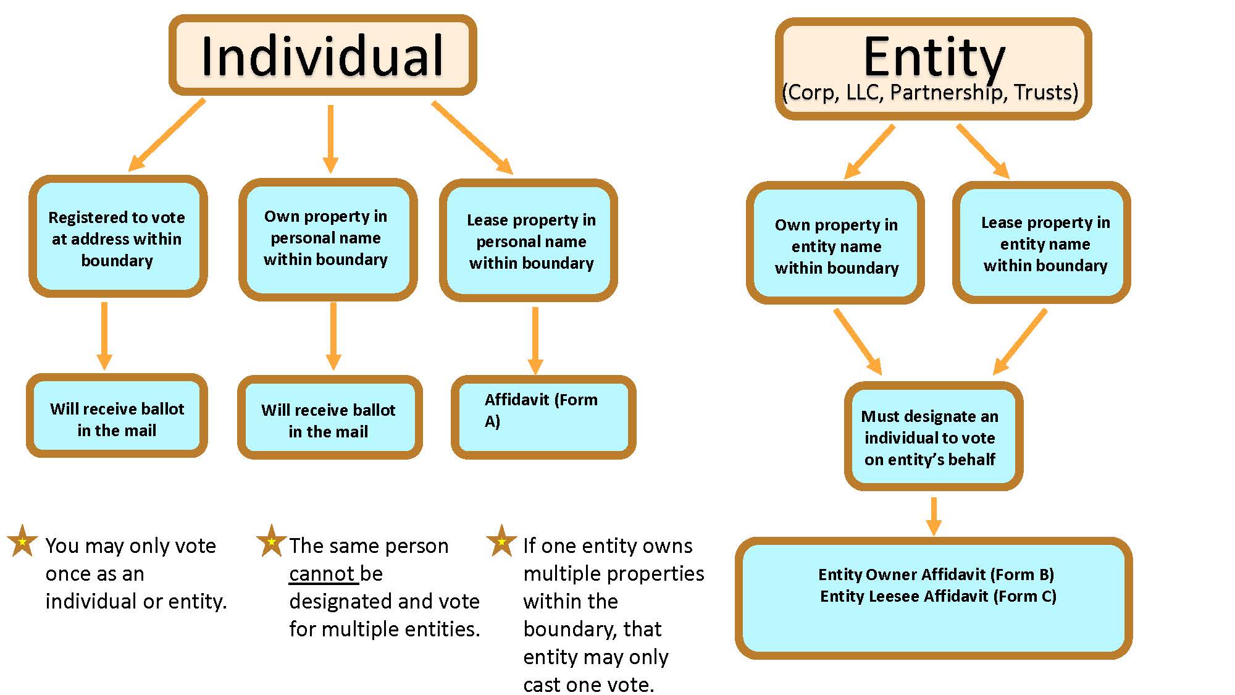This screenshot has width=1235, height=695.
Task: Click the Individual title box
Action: tap(322, 56)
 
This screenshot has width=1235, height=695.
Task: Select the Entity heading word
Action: tap(934, 57)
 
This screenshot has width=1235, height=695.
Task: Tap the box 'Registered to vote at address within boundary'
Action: tap(117, 238)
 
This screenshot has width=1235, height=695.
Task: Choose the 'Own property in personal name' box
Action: tap(326, 238)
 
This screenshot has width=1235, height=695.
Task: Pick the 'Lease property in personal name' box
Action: tap(530, 241)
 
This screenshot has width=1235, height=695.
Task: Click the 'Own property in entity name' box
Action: tap(836, 245)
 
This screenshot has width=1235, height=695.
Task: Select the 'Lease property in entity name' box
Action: tap(1044, 243)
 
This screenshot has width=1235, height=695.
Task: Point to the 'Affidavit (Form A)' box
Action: tap(542, 416)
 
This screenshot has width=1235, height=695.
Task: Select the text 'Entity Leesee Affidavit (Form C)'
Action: tap(937, 596)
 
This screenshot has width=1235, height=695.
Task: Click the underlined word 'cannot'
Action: tap(322, 574)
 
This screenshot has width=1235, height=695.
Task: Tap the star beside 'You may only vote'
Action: tap(23, 541)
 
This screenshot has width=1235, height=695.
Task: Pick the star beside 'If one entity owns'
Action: tap(501, 541)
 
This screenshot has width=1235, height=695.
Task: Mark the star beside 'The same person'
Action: tap(271, 541)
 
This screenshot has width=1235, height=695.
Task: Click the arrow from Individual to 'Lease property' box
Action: tap(472, 137)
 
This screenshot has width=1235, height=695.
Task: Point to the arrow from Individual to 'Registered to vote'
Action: tap(167, 135)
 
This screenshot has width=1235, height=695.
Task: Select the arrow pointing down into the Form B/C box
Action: tap(934, 516)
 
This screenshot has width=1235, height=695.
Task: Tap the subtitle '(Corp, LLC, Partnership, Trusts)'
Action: tap(929, 93)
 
